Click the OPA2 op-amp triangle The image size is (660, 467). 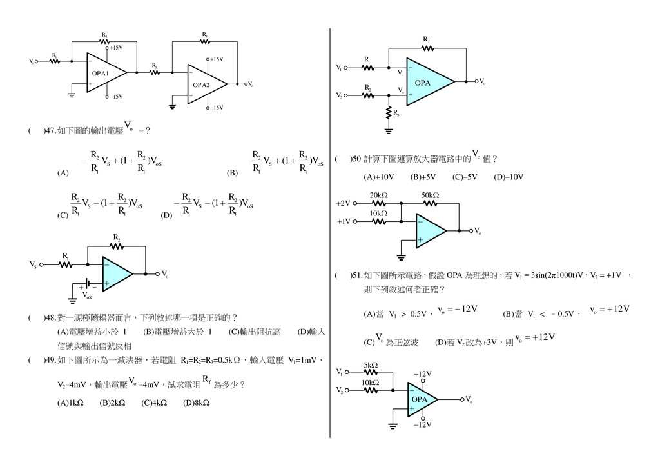[x=205, y=84]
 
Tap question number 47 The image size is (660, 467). [x=48, y=130]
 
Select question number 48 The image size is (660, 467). [x=48, y=317]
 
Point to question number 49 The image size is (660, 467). [x=48, y=359]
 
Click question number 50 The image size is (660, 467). [x=354, y=158]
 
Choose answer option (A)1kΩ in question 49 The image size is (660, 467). [x=70, y=403]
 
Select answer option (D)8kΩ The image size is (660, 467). [x=196, y=403]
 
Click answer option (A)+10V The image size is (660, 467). [x=379, y=177]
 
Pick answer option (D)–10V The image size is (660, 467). [x=509, y=177]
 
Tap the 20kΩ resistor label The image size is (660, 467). [x=378, y=195]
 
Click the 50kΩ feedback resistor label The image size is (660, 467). [x=430, y=195]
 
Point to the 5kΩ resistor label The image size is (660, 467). [x=371, y=365]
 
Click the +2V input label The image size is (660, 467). [x=343, y=203]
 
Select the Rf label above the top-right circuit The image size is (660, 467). [x=426, y=40]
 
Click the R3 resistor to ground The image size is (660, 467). [x=389, y=114]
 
